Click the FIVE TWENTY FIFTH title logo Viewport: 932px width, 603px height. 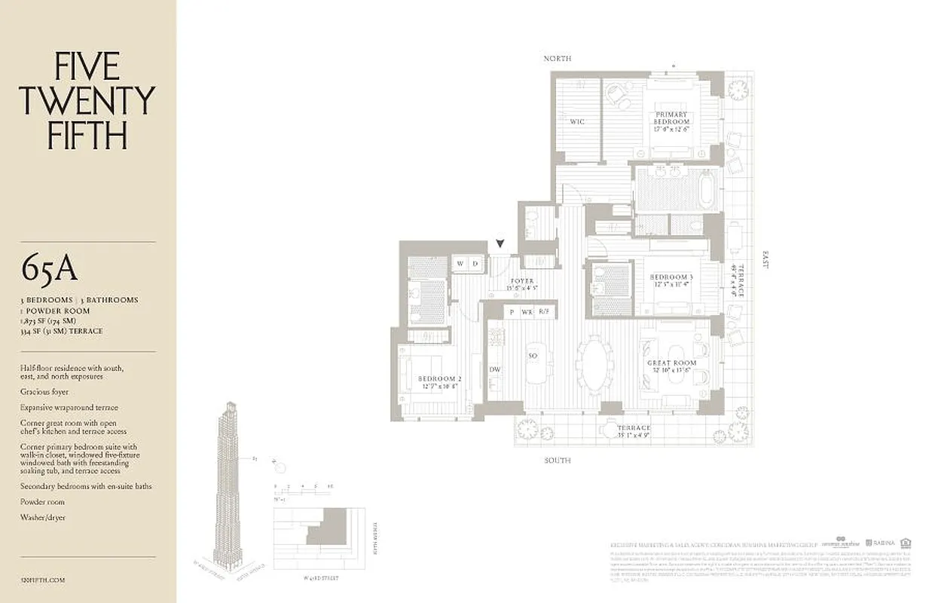tap(87, 101)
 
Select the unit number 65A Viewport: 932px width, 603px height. tap(50, 268)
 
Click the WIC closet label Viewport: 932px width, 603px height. tap(577, 121)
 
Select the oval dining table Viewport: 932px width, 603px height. tap(595, 365)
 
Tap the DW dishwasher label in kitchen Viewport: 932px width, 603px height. tap(495, 369)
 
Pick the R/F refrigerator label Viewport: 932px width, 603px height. tap(544, 311)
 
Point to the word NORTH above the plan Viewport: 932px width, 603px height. tap(558, 58)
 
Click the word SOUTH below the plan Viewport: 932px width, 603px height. tap(558, 460)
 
